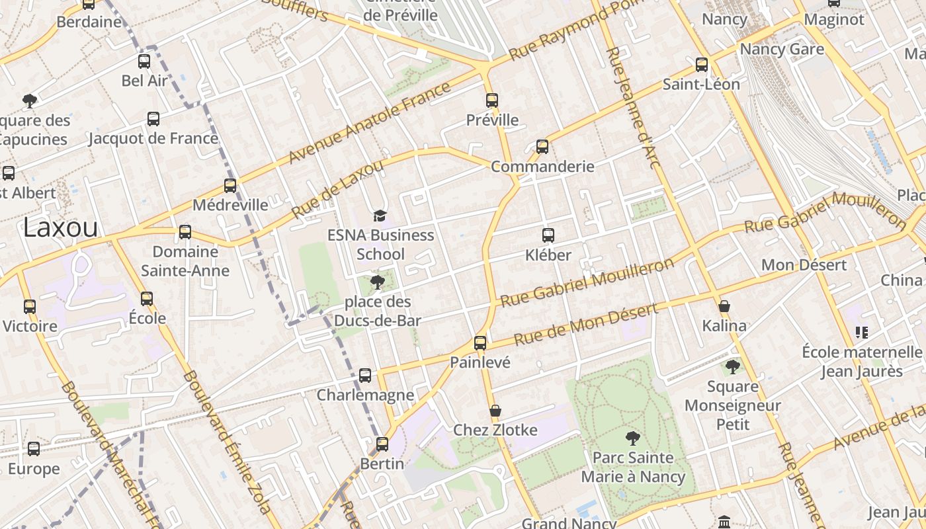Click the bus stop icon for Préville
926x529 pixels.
(491, 101)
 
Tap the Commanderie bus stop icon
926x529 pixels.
(542, 147)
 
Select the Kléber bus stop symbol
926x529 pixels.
(548, 235)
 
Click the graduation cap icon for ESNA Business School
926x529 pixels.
(380, 216)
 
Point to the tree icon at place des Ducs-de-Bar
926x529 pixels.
(378, 283)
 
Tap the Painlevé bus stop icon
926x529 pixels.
(480, 343)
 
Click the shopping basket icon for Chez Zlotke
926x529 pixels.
(495, 411)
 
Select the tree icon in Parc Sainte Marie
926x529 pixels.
(632, 438)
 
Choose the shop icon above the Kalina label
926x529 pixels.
(724, 306)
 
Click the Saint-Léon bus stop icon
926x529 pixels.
(702, 65)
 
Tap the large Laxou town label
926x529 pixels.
(60, 227)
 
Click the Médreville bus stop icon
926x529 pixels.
(230, 186)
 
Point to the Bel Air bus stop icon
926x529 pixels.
(144, 61)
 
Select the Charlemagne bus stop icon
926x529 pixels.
(365, 376)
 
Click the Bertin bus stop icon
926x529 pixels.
(382, 444)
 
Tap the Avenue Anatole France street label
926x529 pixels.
(370, 123)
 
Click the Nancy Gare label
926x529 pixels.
(782, 50)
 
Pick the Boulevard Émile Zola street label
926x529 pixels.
(226, 442)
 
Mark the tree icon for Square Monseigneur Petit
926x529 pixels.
(732, 367)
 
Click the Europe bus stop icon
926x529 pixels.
(34, 449)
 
